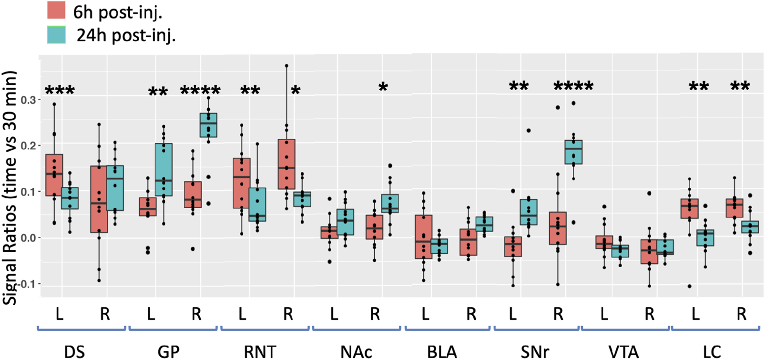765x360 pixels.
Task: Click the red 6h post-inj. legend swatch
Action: (56, 10)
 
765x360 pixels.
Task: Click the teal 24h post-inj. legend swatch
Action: (56, 35)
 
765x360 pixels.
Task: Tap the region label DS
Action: (74, 352)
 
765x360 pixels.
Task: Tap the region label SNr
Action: (535, 352)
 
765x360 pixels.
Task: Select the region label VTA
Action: (623, 352)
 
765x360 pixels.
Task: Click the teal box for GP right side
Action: (208, 125)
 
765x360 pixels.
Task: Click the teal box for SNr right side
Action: (573, 152)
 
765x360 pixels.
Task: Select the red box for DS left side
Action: (54, 175)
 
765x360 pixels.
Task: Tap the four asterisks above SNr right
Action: (573, 87)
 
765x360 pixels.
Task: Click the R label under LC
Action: (741, 314)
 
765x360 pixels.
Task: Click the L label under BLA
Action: (425, 314)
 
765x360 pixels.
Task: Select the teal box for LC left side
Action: (705, 238)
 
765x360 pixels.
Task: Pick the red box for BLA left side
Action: (424, 237)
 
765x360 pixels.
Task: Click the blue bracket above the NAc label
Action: (356, 328)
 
